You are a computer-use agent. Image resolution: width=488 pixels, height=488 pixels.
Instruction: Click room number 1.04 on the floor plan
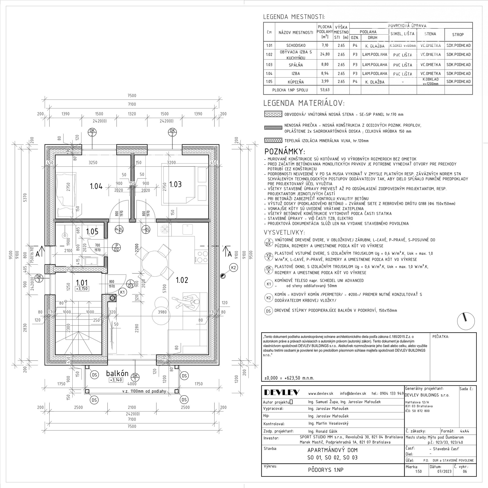pos(96,186)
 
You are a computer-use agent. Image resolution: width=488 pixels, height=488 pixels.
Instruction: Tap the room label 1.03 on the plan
pos(175,184)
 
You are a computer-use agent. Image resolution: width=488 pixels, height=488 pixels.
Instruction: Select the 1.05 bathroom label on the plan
pos(92,232)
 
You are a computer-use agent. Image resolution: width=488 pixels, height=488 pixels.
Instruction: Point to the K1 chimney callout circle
pos(122,292)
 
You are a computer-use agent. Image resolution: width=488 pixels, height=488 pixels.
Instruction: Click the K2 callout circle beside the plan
pos(233,267)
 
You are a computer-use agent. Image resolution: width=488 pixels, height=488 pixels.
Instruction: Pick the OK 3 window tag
pos(39,278)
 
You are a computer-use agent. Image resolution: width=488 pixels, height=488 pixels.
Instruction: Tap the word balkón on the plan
pos(117,373)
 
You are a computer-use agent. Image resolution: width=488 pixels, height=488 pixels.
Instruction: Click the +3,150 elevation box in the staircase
pos(82,289)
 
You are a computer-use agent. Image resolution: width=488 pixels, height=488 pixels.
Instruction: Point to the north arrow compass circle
pos(466,321)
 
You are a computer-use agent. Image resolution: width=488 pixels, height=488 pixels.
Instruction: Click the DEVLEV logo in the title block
pos(282,392)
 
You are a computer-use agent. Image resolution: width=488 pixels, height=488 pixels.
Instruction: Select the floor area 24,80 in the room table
pos(325,54)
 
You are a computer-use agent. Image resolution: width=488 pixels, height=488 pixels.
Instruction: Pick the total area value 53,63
pos(325,90)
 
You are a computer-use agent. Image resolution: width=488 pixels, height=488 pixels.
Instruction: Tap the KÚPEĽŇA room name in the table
pos(296,82)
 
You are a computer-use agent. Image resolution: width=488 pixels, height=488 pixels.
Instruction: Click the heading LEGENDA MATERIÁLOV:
pos(304,103)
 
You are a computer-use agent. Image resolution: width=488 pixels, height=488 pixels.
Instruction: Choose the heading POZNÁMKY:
pos(285,152)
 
